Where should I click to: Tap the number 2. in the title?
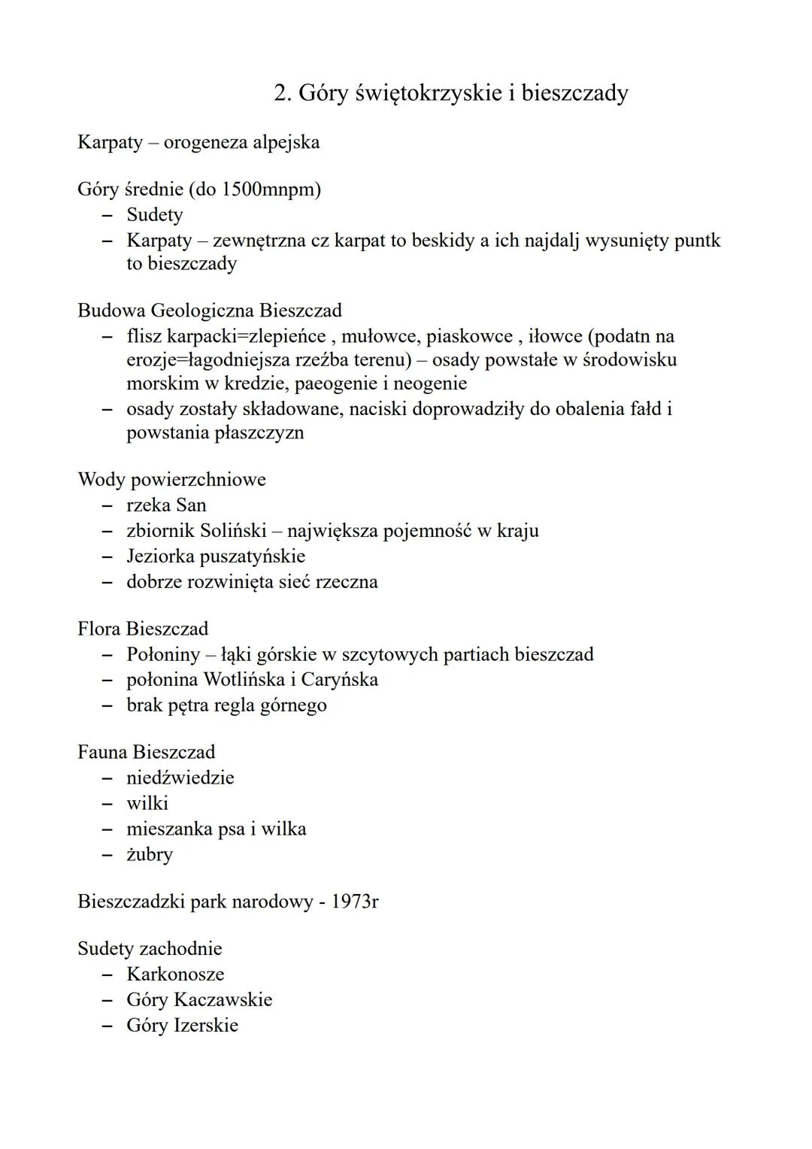pyautogui.click(x=283, y=93)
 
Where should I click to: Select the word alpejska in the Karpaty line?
pyautogui.click(x=283, y=142)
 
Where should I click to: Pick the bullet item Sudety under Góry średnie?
pyautogui.click(x=154, y=215)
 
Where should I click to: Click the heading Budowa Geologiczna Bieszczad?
pyautogui.click(x=209, y=311)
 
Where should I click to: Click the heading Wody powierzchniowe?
pyautogui.click(x=171, y=480)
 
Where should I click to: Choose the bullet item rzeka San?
pyautogui.click(x=166, y=505)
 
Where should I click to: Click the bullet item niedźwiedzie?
pyautogui.click(x=180, y=778)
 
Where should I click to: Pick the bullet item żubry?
pyautogui.click(x=149, y=855)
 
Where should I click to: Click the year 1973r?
pyautogui.click(x=355, y=902)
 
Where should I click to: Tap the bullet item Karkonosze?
pyautogui.click(x=175, y=975)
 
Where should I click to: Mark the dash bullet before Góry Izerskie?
pyautogui.click(x=108, y=1026)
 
